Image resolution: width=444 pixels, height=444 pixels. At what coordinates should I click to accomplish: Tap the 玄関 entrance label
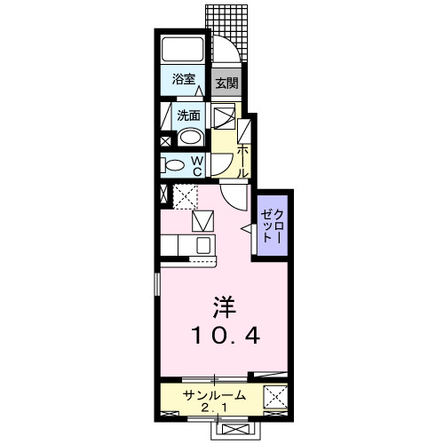pyautogui.click(x=226, y=84)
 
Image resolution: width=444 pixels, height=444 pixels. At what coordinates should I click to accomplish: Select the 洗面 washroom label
pyautogui.click(x=187, y=115)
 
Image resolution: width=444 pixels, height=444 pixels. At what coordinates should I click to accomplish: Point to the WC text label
pyautogui.click(x=198, y=164)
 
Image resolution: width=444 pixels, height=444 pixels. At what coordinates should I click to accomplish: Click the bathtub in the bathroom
pyautogui.click(x=182, y=50)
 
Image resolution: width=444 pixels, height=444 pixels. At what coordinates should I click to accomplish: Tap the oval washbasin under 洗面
pyautogui.click(x=187, y=137)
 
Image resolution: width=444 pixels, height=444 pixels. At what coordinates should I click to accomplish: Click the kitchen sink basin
pyautogui.click(x=202, y=245)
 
